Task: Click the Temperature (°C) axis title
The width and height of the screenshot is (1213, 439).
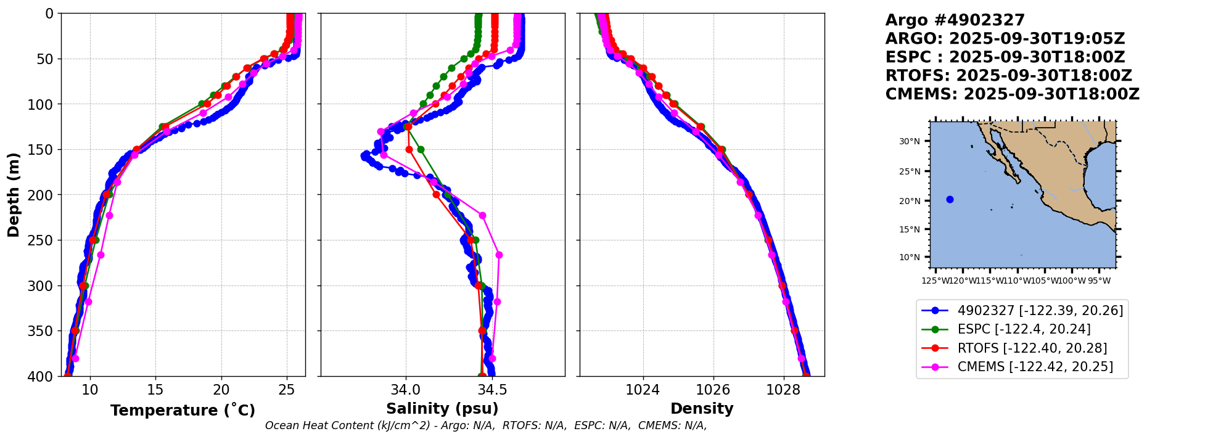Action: (183, 411)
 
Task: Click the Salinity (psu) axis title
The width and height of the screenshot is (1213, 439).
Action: (442, 409)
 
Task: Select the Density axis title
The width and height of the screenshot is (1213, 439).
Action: (702, 409)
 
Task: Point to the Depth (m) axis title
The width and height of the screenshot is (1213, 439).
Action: (14, 195)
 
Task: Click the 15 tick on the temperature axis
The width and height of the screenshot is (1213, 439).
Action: (155, 390)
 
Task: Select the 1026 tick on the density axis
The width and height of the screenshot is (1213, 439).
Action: (713, 390)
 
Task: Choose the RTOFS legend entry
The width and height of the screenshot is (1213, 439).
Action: (1032, 348)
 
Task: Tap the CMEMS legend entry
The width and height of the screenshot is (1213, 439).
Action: (1035, 367)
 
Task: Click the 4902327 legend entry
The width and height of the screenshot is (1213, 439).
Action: (1040, 311)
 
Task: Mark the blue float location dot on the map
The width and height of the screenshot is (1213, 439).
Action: (950, 199)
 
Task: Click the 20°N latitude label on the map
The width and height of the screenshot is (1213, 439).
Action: (909, 201)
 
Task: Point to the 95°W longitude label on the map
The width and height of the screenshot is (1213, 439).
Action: (1099, 281)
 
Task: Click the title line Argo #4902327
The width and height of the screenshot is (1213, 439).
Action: (955, 20)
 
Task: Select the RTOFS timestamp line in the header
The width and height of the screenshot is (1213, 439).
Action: (1008, 76)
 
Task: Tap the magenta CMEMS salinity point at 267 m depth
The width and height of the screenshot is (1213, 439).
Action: (499, 255)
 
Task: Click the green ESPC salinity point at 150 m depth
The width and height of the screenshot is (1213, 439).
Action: (421, 149)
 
